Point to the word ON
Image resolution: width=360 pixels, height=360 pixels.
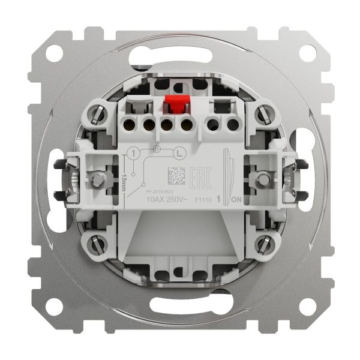click(x=238, y=199)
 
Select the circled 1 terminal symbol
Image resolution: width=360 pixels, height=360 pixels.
click(x=136, y=154)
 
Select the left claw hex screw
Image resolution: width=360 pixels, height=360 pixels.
click(x=95, y=178)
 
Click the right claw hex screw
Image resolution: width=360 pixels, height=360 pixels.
click(x=263, y=178)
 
